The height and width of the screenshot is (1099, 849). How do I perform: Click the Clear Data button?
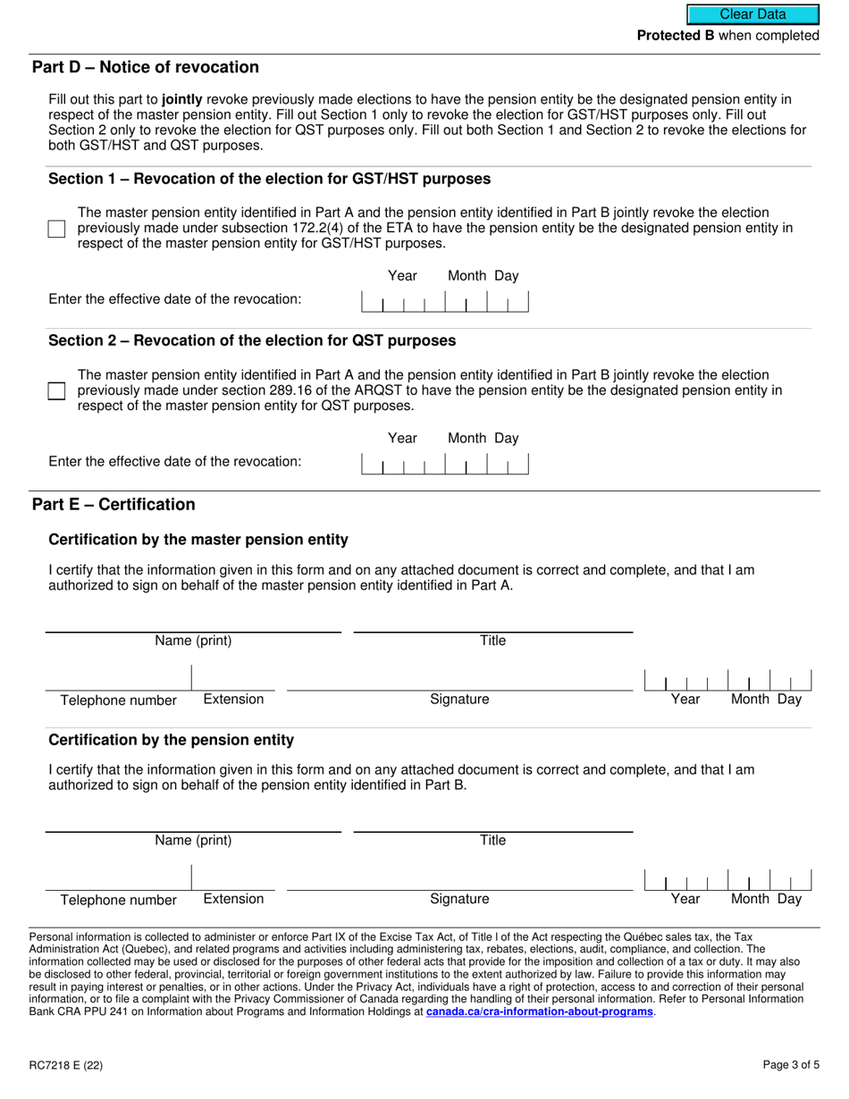click(752, 14)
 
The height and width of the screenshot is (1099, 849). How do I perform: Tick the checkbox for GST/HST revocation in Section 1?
click(56, 229)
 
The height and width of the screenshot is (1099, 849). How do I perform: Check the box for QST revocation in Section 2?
click(56, 391)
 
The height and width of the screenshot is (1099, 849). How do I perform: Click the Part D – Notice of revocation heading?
click(146, 68)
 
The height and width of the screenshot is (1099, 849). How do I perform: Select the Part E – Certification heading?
click(113, 505)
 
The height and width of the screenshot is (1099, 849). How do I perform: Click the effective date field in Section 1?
click(444, 302)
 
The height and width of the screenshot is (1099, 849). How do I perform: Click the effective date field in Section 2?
click(444, 465)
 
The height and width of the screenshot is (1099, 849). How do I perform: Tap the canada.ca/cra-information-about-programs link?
click(540, 1012)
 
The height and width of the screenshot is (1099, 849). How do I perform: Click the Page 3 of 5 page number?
click(791, 1064)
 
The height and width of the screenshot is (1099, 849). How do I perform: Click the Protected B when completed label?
click(727, 36)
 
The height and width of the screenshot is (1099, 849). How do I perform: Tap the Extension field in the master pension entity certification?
click(233, 679)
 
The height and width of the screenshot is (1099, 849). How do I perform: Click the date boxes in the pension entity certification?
click(727, 880)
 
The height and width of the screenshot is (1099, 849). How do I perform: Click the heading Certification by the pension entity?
click(171, 741)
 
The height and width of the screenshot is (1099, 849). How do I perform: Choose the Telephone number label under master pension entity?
click(118, 701)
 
